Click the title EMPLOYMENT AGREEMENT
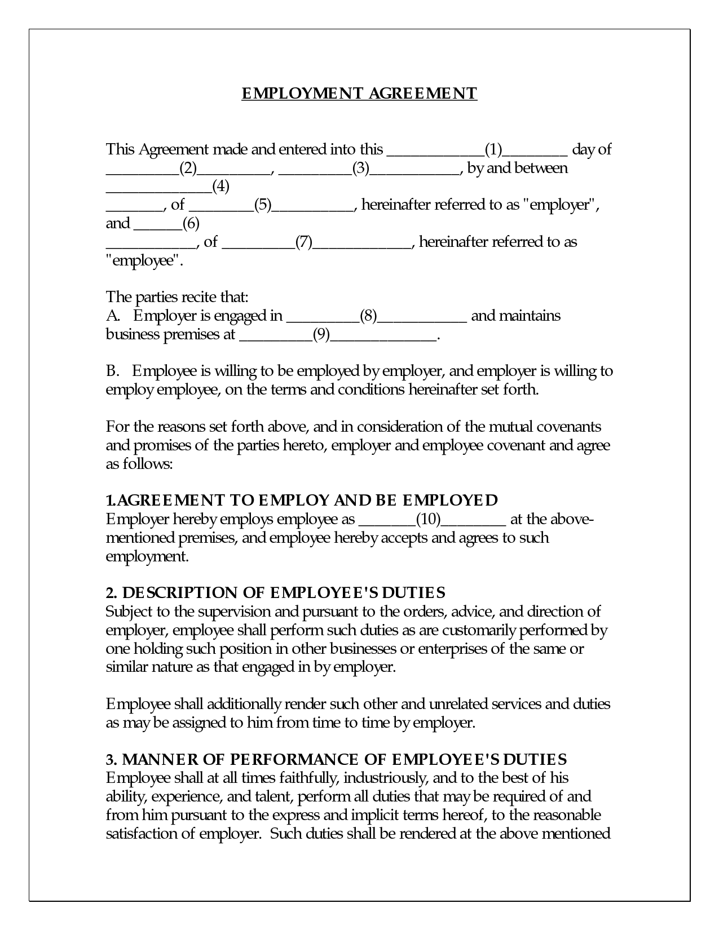(x=359, y=93)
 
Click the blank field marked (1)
(x=493, y=150)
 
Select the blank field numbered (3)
(x=360, y=169)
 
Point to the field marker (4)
(x=220, y=187)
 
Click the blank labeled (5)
(x=263, y=205)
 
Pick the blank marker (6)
(x=191, y=224)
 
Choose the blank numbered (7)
(x=304, y=242)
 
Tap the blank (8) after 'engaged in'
(x=368, y=316)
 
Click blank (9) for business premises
(x=321, y=335)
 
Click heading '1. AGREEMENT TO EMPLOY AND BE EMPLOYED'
(x=302, y=501)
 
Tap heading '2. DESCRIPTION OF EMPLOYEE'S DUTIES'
(x=276, y=593)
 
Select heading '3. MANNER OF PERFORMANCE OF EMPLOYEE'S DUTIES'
(x=337, y=759)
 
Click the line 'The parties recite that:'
(x=177, y=297)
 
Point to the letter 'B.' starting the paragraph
(x=113, y=371)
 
